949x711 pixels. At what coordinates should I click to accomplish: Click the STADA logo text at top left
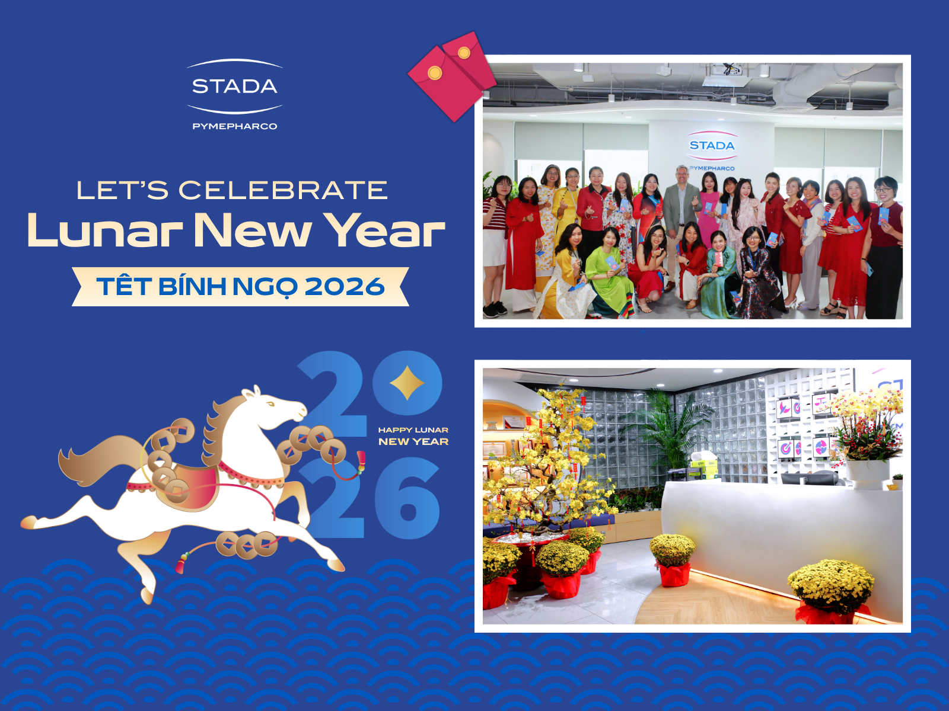234,87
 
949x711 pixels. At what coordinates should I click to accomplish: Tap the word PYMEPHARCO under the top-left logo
234,126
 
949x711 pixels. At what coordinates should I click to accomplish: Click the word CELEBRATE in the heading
283,191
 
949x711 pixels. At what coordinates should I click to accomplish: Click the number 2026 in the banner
345,287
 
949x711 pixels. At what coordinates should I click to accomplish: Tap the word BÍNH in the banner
192,287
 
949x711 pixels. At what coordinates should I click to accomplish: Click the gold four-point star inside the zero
407,383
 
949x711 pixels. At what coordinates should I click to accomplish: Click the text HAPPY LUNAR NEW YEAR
413,436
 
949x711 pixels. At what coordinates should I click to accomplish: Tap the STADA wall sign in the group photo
712,146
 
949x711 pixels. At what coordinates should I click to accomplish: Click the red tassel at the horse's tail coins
181,563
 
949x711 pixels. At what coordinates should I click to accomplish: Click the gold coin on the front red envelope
435,73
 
